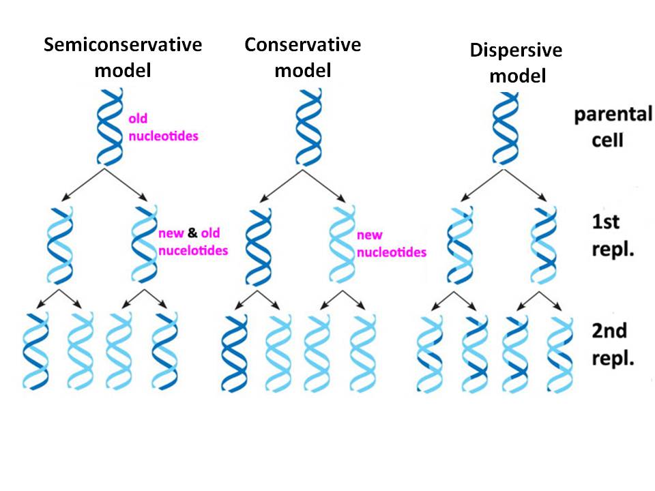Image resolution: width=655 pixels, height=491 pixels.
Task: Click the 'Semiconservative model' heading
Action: pos(123,57)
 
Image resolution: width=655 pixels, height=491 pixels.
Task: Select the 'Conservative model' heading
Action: pos(302,57)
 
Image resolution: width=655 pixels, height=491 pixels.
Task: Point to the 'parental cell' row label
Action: pos(612,127)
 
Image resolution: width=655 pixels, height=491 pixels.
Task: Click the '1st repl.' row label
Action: pos(612,234)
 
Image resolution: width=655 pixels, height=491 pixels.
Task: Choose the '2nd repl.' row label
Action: pos(612,344)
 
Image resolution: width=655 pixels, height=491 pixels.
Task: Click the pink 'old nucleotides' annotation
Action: pos(164,127)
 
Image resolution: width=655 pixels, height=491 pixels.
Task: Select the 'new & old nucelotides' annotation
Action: pos(192,242)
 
